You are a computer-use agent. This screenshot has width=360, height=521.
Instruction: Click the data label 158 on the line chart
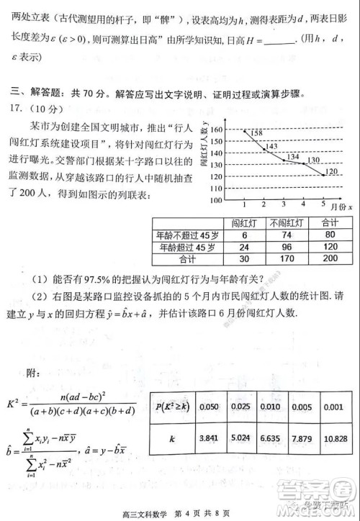click(x=258, y=133)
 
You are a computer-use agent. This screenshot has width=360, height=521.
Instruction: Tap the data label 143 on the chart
click(x=271, y=146)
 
